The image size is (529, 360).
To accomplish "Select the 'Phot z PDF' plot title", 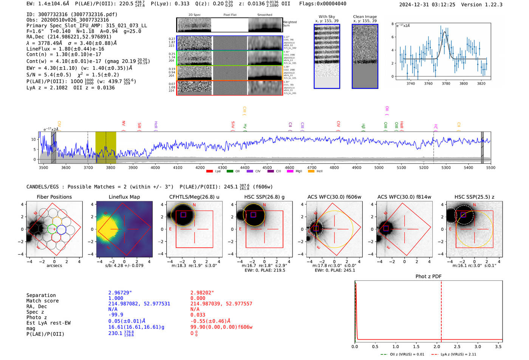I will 428,277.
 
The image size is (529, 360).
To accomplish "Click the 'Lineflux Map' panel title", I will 124,197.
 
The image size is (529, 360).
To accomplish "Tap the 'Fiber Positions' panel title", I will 54,197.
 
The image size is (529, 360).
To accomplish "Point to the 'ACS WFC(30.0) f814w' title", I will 404,197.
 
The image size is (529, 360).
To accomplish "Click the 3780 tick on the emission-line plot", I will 446,83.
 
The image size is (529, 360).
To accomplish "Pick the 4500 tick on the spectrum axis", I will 267,167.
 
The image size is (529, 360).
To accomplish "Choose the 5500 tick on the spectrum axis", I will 490,167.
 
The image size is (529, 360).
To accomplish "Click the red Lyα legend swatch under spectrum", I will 209,172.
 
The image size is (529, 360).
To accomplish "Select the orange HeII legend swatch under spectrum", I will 311,172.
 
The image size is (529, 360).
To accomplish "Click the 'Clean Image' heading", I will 365,17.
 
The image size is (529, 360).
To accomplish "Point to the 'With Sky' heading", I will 327,17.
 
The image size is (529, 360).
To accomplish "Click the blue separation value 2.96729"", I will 120,293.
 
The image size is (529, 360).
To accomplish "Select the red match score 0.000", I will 198,298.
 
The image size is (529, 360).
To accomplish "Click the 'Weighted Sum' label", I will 289,24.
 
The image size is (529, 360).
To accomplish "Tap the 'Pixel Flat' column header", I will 230,15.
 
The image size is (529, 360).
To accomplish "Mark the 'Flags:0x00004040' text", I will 323,4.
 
